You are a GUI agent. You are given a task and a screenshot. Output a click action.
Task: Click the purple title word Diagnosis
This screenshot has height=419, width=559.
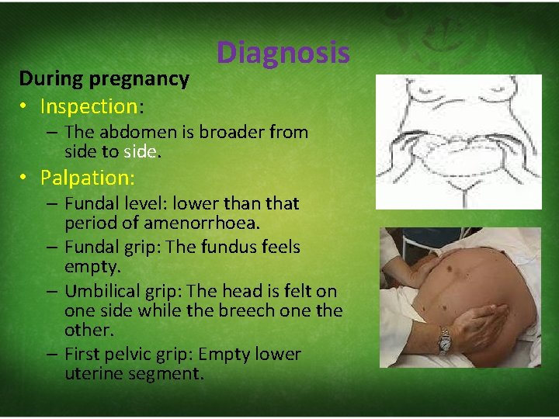coord(283,53)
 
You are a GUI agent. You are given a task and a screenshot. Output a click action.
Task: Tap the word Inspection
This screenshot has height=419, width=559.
coord(89,106)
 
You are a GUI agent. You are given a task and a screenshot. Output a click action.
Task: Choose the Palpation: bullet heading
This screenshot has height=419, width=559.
coord(88,178)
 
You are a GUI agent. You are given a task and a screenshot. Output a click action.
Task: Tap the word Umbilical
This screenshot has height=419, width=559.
coord(102,292)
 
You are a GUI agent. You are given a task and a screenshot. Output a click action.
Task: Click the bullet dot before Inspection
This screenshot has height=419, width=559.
coord(26,106)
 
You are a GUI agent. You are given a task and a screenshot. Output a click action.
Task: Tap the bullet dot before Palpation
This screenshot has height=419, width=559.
coord(26,178)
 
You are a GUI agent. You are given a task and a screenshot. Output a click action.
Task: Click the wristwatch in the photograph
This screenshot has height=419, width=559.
coord(444,339)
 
